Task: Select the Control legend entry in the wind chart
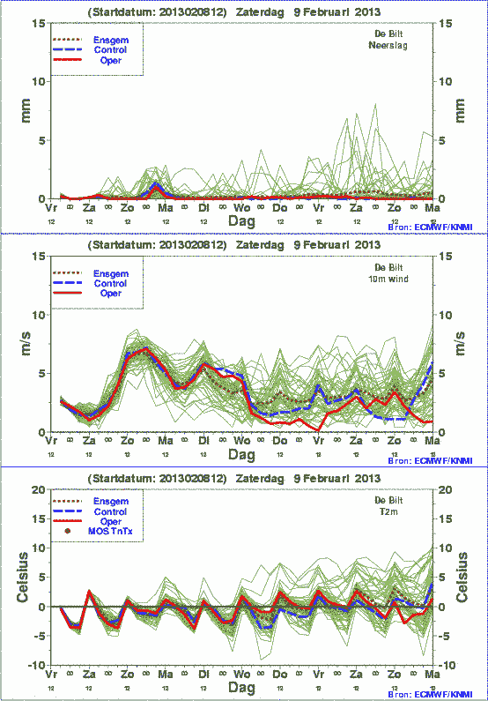(109, 283)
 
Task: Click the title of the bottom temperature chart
(234, 478)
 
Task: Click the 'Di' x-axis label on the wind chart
(203, 440)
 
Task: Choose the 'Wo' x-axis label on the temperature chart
(241, 674)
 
